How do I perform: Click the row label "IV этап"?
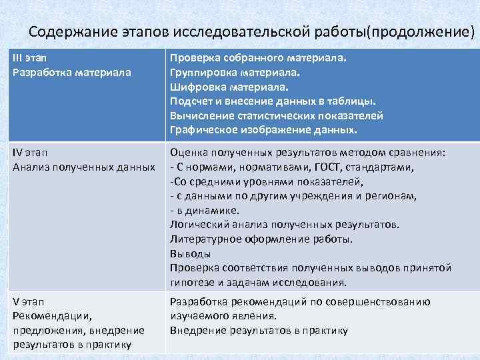click(x=31, y=153)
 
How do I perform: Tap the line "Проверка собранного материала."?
click(x=259, y=58)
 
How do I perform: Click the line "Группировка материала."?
click(x=236, y=72)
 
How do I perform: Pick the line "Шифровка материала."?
click(x=229, y=87)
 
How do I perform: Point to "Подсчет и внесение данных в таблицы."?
click(x=273, y=101)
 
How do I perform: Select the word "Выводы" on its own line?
click(x=191, y=253)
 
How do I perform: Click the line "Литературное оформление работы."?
click(x=262, y=239)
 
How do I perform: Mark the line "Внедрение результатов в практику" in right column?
click(x=259, y=330)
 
